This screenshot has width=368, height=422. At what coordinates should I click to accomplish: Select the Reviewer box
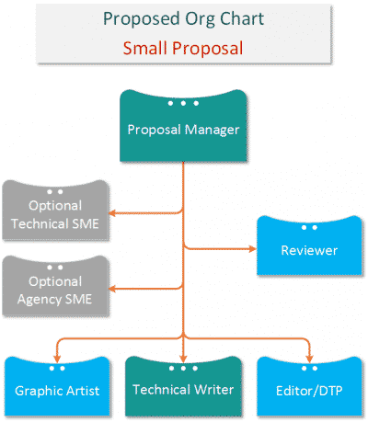pyautogui.click(x=309, y=245)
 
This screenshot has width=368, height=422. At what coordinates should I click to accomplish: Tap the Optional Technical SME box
pyautogui.click(x=55, y=212)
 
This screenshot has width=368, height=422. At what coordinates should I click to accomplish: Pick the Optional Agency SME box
pyautogui.click(x=55, y=289)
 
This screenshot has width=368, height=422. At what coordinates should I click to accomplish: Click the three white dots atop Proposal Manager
pyautogui.click(x=183, y=102)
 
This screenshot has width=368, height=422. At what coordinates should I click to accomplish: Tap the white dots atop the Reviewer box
pyautogui.click(x=310, y=226)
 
